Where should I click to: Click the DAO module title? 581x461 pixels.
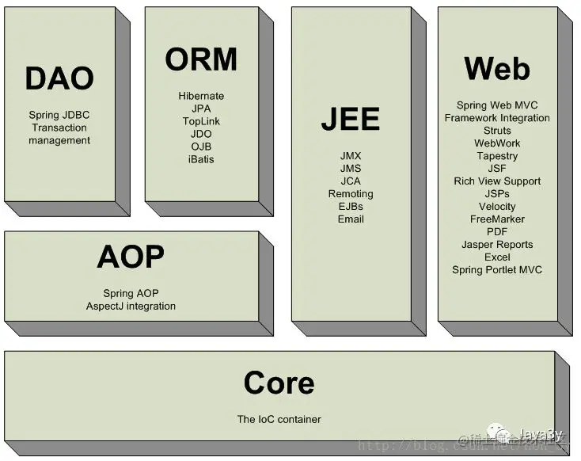coord(59,78)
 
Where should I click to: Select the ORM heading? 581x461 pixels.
coord(201,59)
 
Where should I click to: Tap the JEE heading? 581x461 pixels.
coord(350,119)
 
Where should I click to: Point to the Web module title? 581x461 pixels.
coord(497,69)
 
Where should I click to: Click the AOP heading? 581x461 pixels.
coord(131,257)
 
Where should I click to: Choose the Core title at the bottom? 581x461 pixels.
coord(279,383)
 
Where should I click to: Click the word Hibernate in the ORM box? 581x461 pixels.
coord(201,96)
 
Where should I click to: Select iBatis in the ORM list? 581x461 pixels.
coord(201,159)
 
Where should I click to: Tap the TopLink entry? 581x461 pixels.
coord(201,121)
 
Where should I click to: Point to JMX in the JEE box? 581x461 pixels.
coord(350,156)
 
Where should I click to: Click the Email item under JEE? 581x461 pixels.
coord(350,219)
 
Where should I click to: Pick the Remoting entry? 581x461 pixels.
coord(350,194)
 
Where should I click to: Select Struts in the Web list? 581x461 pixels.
coord(497,131)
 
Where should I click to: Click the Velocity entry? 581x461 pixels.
coord(497,207)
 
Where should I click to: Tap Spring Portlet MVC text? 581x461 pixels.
coord(497,270)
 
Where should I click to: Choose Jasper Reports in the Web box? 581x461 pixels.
coord(497,245)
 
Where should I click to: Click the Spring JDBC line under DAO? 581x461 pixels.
coord(59,115)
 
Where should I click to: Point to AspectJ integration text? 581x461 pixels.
coord(131,306)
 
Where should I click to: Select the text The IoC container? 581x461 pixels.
coord(279,419)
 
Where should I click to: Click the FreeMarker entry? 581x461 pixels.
coord(497,219)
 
